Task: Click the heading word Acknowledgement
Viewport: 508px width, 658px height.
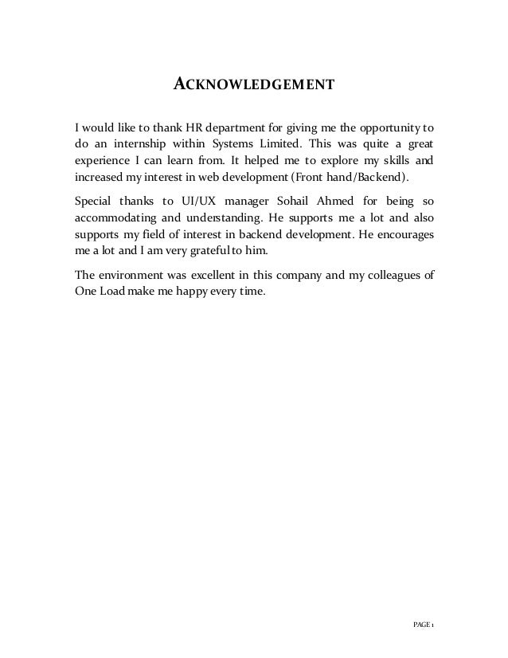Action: pyautogui.click(x=253, y=83)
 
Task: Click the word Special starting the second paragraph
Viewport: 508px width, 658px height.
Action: pyautogui.click(x=93, y=199)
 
